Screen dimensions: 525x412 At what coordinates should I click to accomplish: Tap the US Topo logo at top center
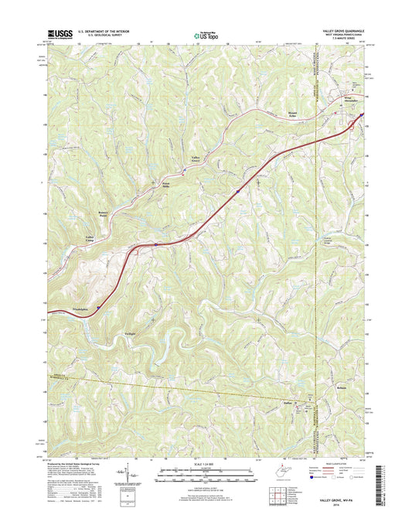(x=205, y=34)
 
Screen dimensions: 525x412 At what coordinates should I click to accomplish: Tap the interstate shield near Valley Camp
(x=155, y=245)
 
